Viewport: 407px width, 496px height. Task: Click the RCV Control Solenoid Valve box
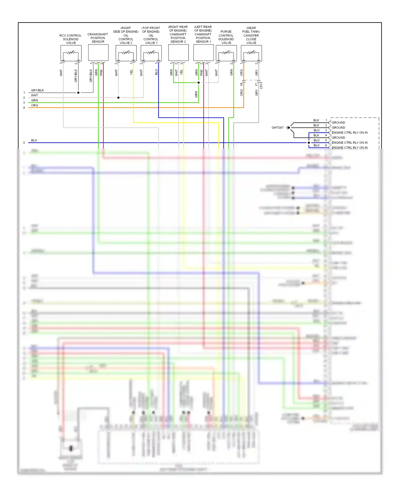click(71, 53)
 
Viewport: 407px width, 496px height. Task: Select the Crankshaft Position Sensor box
click(98, 53)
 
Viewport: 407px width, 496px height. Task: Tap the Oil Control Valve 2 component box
click(126, 53)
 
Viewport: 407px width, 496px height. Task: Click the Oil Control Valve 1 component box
click(151, 53)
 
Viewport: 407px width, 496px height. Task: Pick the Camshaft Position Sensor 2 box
click(178, 53)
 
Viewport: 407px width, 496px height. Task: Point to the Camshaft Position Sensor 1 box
click(203, 53)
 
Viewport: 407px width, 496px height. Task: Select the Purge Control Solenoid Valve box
click(226, 53)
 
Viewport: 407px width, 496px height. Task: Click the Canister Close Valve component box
click(251, 53)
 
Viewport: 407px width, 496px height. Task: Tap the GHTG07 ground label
click(277, 128)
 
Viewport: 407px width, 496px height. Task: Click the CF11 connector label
click(261, 85)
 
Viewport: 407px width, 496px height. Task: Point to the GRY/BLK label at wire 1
click(37, 90)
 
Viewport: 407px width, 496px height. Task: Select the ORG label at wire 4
click(34, 105)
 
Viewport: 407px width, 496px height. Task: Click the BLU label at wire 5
click(34, 140)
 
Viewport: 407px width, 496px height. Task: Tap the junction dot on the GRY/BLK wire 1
click(78, 93)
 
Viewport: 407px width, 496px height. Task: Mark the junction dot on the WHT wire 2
click(118, 98)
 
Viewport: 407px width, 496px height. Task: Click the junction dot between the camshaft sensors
click(199, 82)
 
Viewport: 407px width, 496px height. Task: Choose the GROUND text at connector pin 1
click(338, 123)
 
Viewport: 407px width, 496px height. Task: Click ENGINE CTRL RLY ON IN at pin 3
click(349, 133)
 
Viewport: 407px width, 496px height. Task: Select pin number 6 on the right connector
click(326, 145)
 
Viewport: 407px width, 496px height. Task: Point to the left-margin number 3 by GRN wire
click(24, 103)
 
